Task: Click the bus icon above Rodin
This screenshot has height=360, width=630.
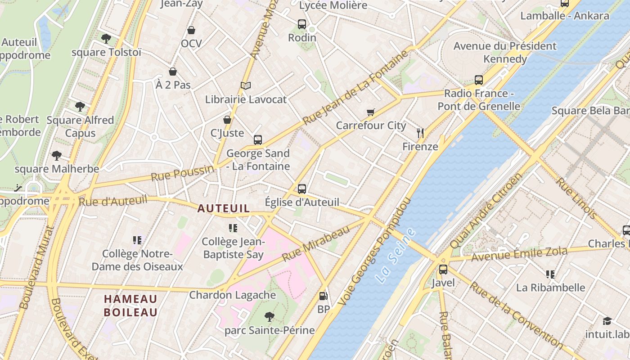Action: click(301, 24)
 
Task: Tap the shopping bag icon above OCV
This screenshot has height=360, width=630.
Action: click(191, 30)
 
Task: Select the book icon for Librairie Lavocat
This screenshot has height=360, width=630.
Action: click(245, 85)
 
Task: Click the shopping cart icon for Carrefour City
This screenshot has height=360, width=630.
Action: click(370, 112)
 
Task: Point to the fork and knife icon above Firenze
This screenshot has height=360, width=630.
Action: click(420, 133)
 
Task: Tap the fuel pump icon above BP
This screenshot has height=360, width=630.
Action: click(323, 296)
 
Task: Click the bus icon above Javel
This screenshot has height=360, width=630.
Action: click(443, 270)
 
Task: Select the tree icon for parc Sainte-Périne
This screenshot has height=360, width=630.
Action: click(269, 317)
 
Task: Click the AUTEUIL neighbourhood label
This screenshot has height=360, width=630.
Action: click(224, 208)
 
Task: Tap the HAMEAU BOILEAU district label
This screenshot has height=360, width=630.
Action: click(130, 306)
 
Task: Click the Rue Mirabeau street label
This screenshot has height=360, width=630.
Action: click(316, 243)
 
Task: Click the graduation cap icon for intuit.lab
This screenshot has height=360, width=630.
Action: click(607, 321)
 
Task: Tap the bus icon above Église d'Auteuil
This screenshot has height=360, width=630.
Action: click(301, 189)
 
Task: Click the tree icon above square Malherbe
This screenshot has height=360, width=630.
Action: click(57, 156)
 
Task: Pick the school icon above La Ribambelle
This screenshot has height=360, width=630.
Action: click(550, 274)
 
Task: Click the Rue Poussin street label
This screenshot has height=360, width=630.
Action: click(182, 173)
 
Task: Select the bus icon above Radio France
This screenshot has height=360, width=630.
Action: click(479, 80)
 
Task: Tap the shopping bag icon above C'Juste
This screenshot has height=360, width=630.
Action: click(227, 120)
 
